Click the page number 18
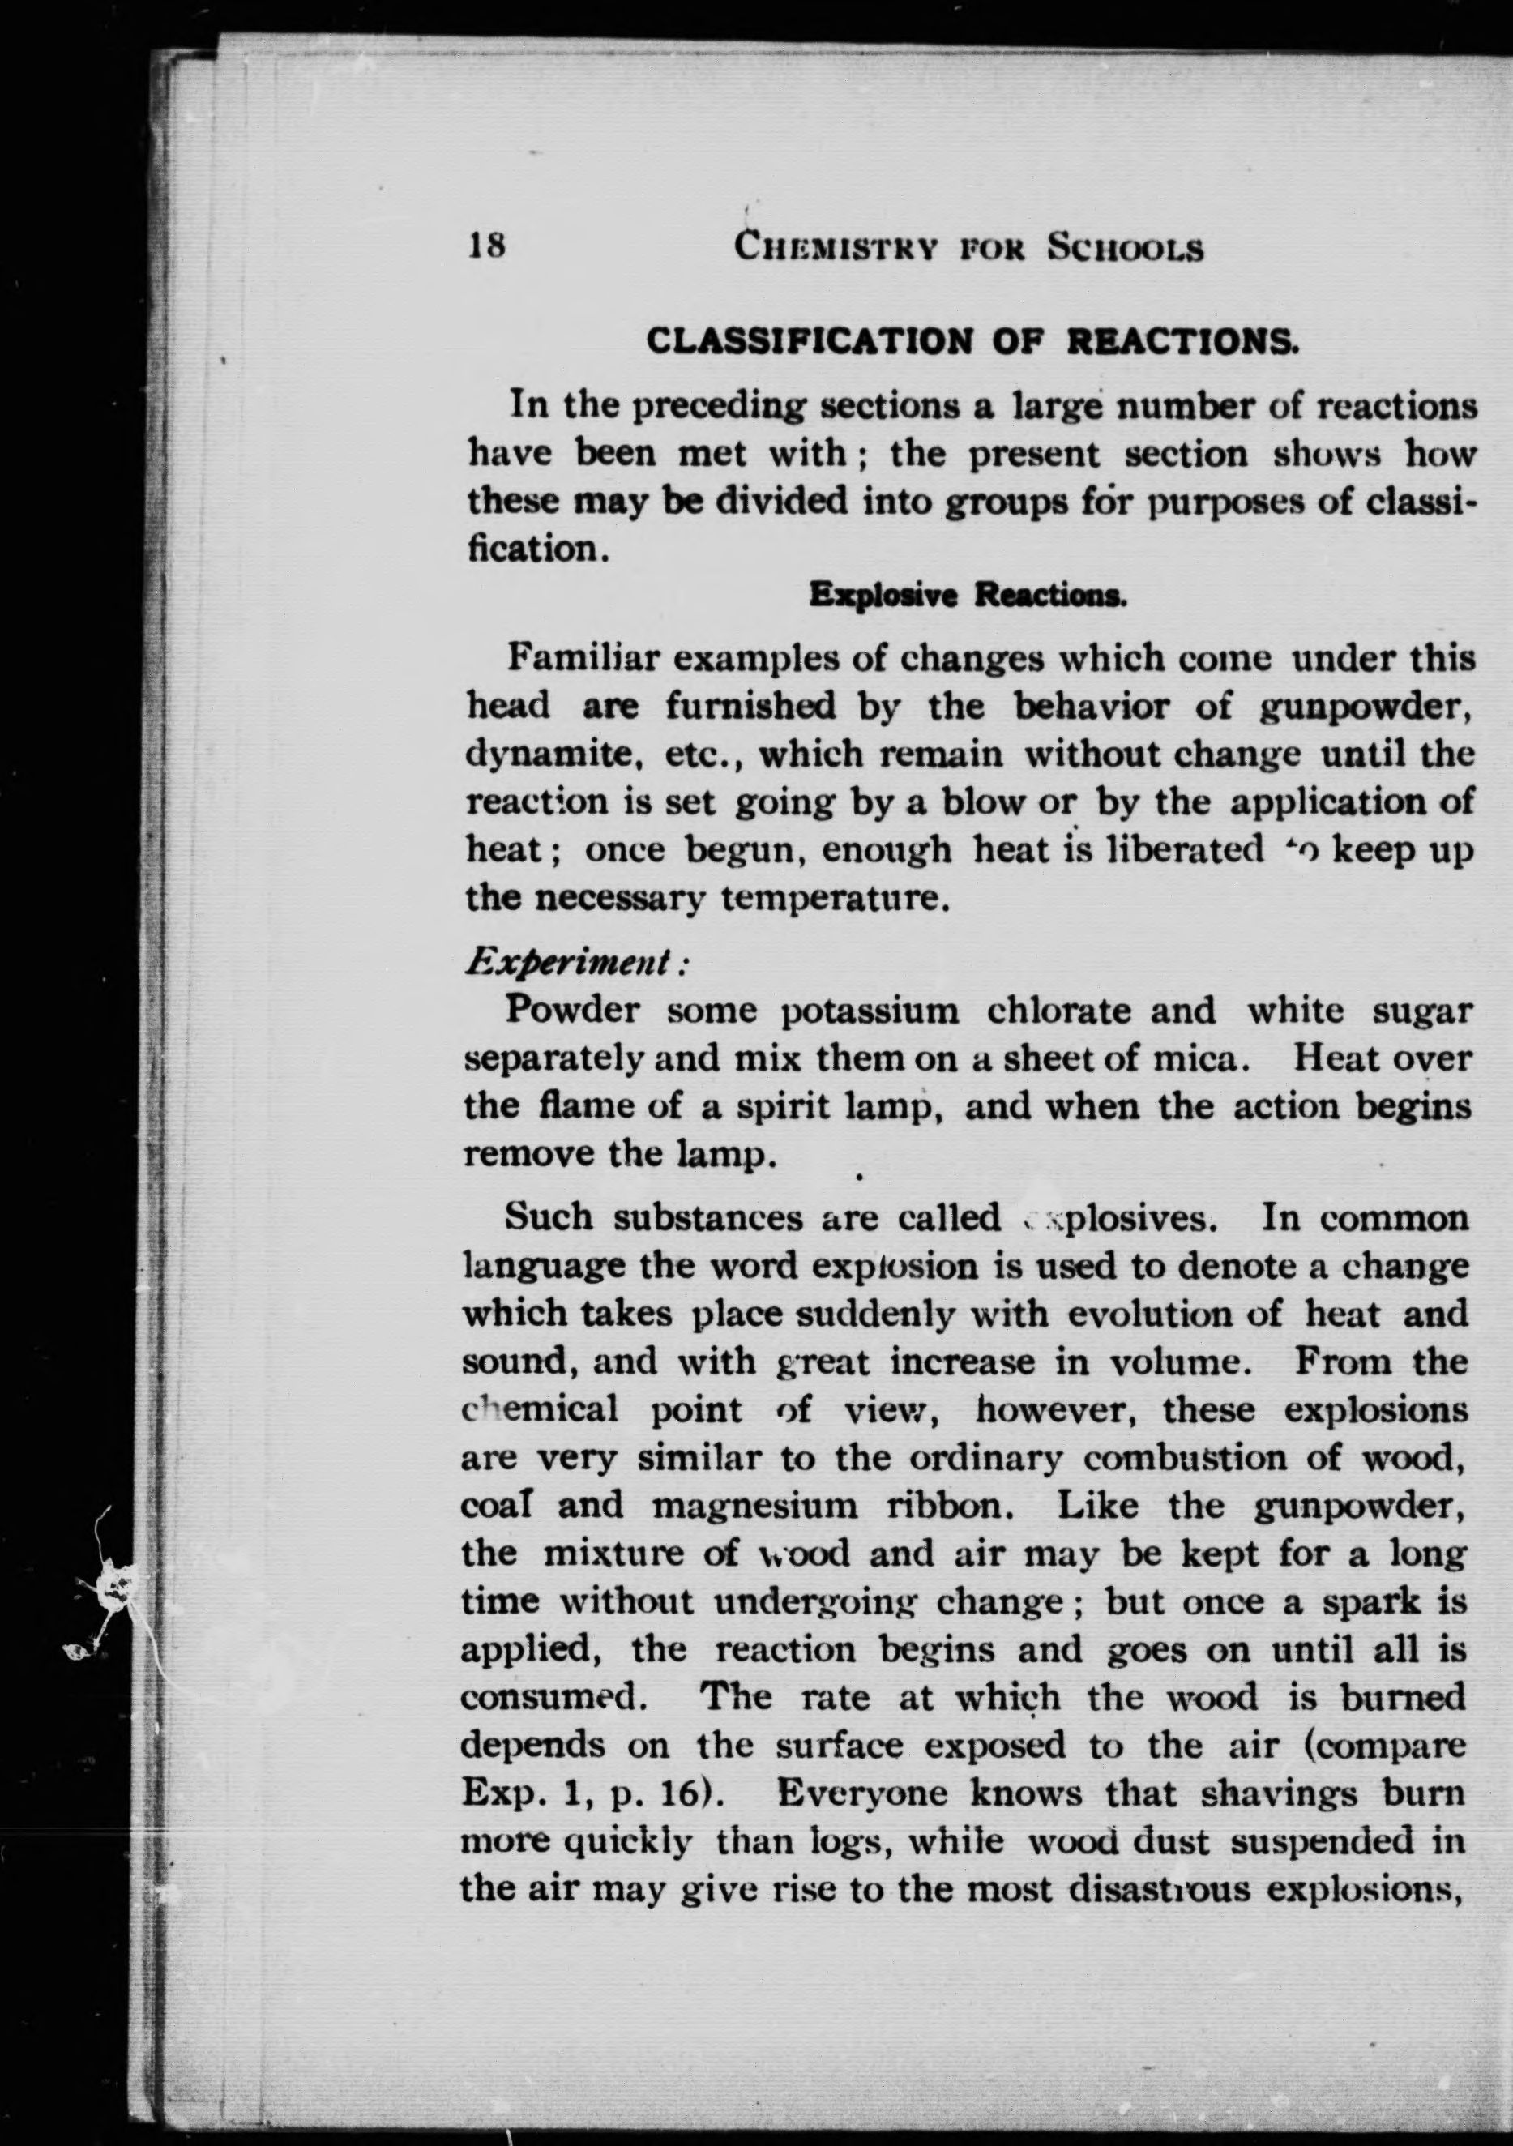tap(486, 246)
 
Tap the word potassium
tap(870, 1011)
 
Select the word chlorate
tap(1055, 1011)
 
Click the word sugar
tap(1422, 1011)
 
